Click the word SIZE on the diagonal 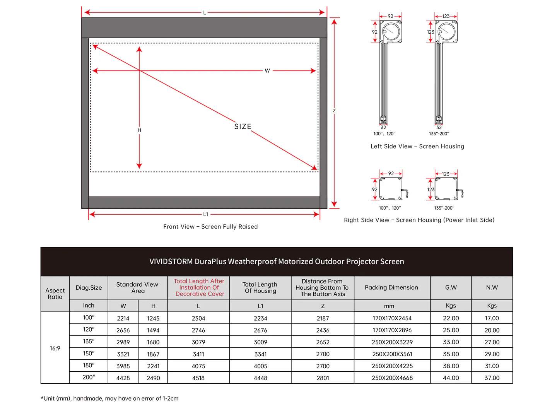243,126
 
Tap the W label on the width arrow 267,71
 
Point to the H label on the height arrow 139,130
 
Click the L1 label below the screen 205,214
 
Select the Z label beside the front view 334,111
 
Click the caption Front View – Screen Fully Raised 210,227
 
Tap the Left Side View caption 417,146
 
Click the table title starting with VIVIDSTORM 277,261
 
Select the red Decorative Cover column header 199,287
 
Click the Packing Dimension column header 391,287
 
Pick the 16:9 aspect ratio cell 55,348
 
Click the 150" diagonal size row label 89,354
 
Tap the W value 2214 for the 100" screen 123,318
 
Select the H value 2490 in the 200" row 153,378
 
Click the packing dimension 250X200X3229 392,342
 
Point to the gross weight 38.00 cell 451,366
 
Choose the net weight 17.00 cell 492,318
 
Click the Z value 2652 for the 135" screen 323,342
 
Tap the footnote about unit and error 109,398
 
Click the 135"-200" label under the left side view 439,134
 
